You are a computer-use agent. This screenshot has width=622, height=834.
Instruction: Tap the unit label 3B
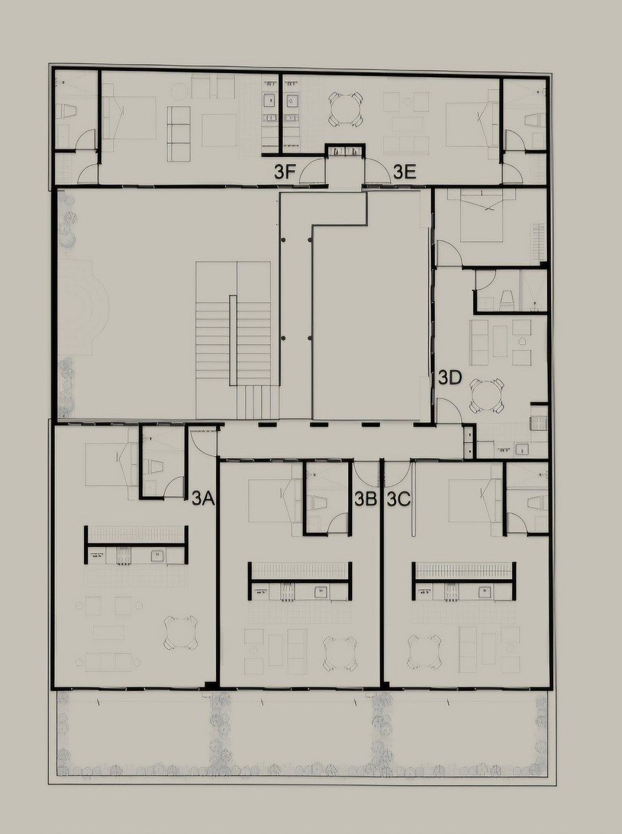click(x=366, y=499)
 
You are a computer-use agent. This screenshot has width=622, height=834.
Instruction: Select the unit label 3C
click(x=398, y=499)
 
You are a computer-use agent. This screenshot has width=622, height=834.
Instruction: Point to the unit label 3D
click(x=450, y=378)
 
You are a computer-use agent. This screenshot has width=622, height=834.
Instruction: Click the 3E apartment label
click(x=404, y=172)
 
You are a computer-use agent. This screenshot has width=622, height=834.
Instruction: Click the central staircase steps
click(x=233, y=334)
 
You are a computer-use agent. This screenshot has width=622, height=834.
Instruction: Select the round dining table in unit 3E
click(x=345, y=108)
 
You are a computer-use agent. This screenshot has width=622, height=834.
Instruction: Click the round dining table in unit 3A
click(x=181, y=631)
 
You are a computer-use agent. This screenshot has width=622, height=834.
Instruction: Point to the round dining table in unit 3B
click(x=340, y=653)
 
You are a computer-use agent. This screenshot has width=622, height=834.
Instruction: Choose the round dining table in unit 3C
click(x=425, y=651)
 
